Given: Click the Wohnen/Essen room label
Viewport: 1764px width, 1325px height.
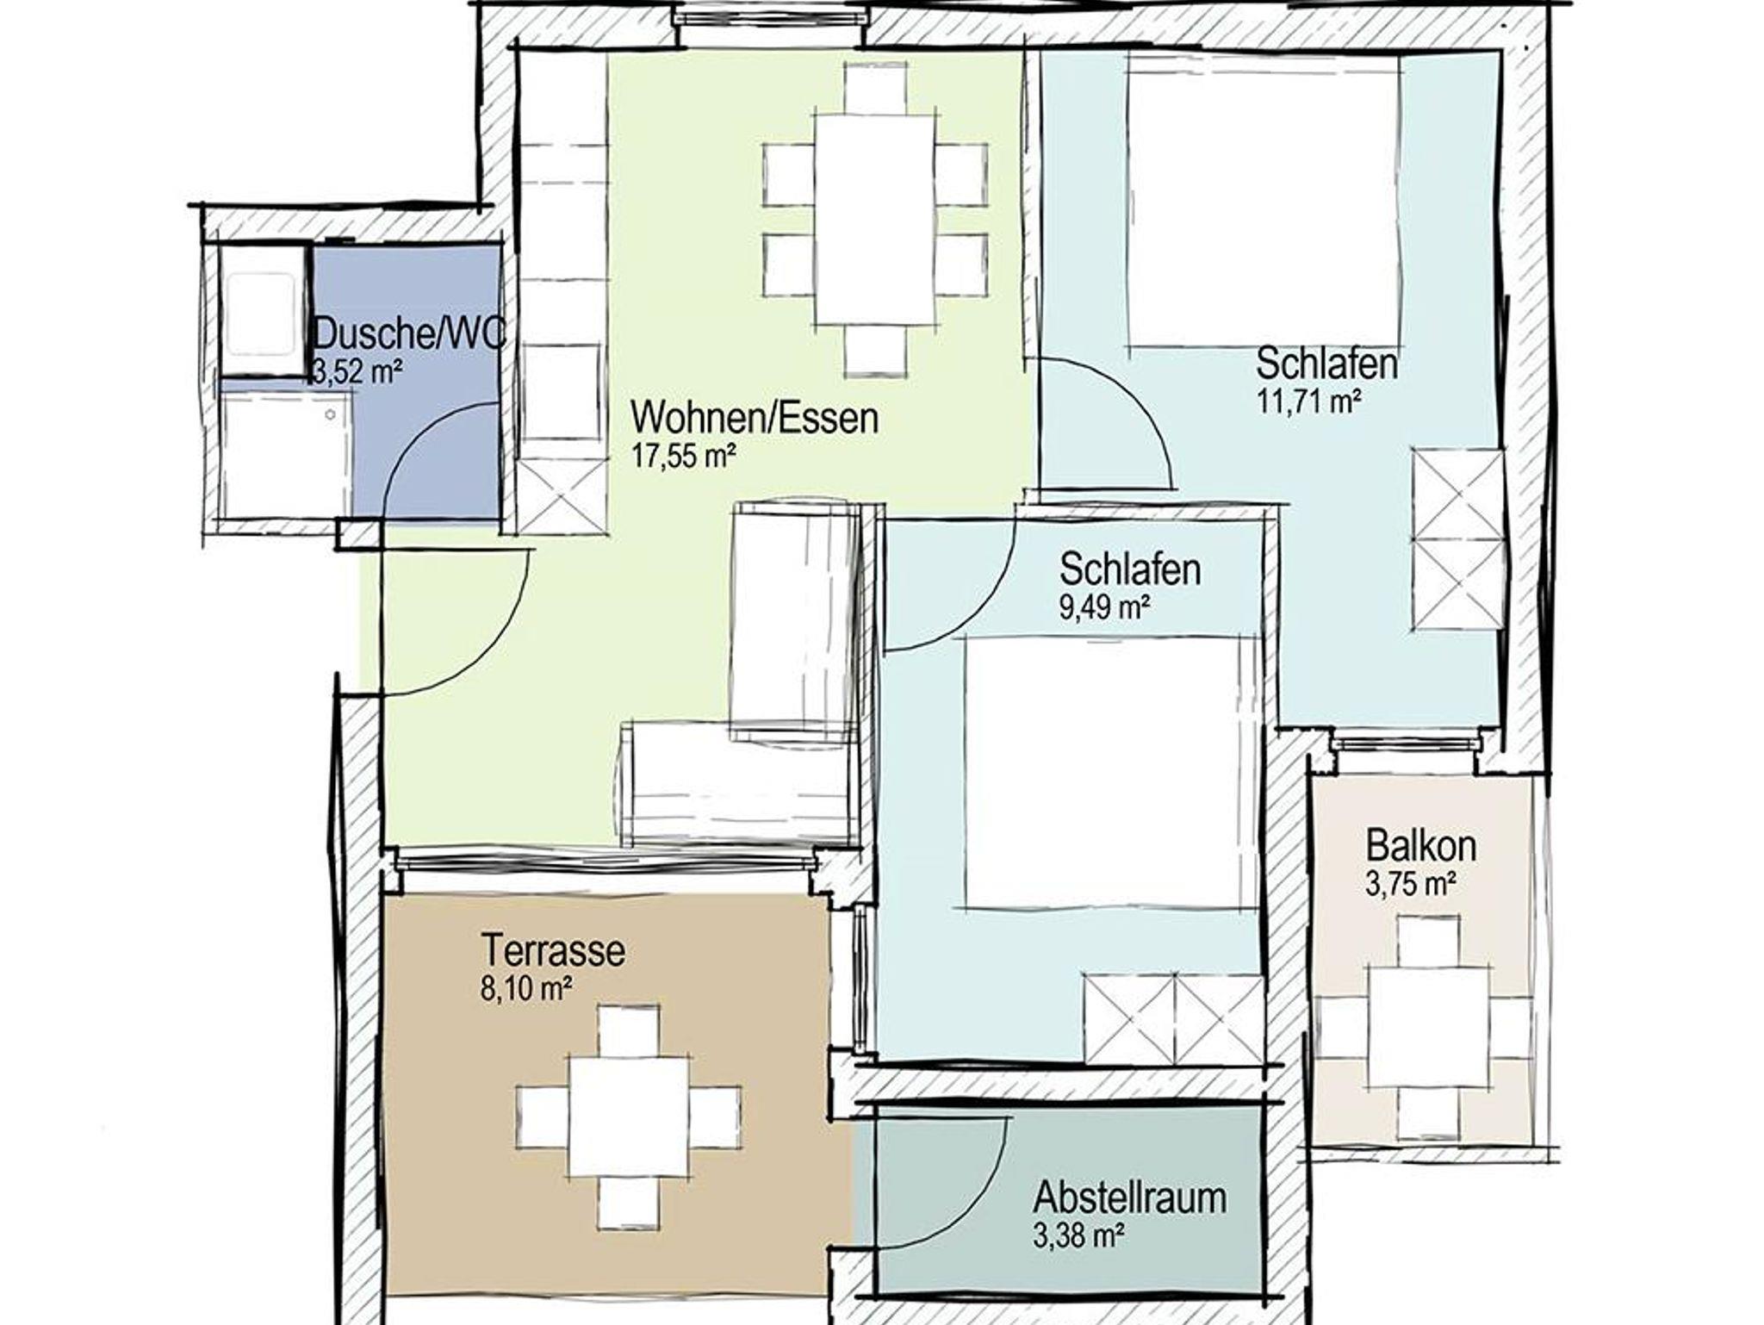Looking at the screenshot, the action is pos(755,418).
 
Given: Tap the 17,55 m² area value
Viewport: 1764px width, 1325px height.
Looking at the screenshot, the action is pos(685,456).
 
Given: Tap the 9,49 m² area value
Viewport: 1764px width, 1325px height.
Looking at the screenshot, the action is pos(1105,607).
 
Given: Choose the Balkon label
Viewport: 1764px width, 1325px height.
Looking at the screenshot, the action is pos(1421,846).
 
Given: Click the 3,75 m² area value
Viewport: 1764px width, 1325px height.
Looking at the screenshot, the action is pos(1411,884).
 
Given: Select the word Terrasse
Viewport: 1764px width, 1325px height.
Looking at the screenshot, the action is pos(553,951).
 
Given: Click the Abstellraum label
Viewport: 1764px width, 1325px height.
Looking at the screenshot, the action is pos(1130,1197).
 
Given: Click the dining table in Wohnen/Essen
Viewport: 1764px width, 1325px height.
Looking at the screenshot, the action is pos(875,220).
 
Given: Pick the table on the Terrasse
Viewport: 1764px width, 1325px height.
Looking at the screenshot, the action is pos(629,1117).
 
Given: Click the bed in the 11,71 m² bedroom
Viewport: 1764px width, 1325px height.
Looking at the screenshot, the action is pos(1264,201).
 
